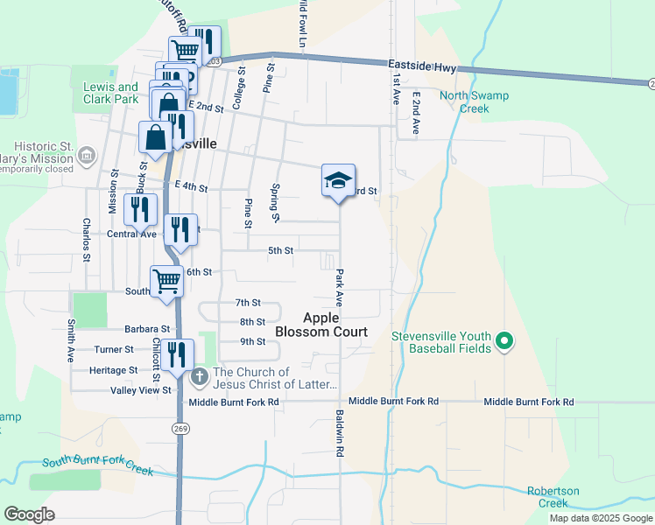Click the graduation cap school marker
tap(338, 181)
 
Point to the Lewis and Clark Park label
tap(110, 93)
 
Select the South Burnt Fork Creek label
tap(97, 465)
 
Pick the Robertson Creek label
tap(553, 497)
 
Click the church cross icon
tap(199, 378)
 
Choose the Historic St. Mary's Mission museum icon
tap(87, 157)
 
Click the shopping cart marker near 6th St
tap(166, 281)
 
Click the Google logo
tap(29, 514)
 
